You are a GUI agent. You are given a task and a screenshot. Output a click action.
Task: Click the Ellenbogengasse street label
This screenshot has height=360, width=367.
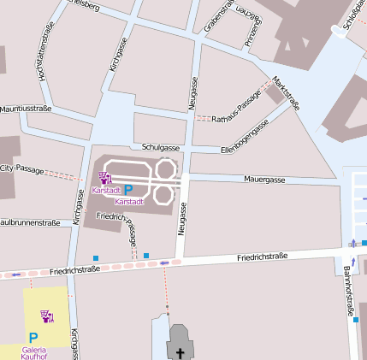tap(245, 137)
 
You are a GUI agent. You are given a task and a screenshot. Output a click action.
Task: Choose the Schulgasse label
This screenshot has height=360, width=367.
tap(160, 147)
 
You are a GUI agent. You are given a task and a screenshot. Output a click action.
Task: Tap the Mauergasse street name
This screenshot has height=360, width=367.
tap(264, 180)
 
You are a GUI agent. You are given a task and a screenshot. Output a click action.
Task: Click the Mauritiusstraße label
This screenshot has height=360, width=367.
tap(26, 109)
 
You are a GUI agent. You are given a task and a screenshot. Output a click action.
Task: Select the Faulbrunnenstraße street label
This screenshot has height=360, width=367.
tap(29, 222)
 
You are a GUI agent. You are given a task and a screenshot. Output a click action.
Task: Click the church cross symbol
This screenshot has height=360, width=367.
tap(181, 352)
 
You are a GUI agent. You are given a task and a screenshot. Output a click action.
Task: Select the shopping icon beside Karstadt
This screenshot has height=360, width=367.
tap(106, 179)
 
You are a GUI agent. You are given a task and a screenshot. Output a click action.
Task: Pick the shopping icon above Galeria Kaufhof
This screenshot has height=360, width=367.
tap(47, 317)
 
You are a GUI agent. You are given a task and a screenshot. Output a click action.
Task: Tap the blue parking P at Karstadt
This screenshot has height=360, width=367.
tap(128, 190)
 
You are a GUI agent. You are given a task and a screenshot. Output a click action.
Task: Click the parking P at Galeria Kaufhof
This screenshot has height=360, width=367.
tap(33, 338)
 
